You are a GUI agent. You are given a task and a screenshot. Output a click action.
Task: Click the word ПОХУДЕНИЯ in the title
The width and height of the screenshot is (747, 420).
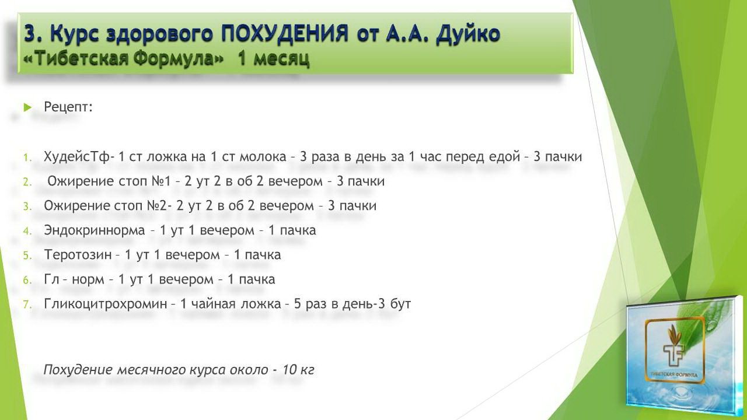click(284, 34)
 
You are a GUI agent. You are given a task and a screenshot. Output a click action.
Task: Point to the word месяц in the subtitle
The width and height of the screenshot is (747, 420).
click(281, 60)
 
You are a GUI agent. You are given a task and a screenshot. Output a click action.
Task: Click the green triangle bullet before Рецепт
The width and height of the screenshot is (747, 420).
click(28, 107)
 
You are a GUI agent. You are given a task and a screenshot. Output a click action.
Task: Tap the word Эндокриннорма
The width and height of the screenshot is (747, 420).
click(95, 230)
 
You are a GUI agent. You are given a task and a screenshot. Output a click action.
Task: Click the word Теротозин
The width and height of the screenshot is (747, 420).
click(78, 255)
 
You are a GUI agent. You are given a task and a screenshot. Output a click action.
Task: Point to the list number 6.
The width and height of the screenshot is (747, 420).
click(27, 281)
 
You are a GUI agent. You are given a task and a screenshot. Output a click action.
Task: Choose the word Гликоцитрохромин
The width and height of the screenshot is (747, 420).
click(106, 304)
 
